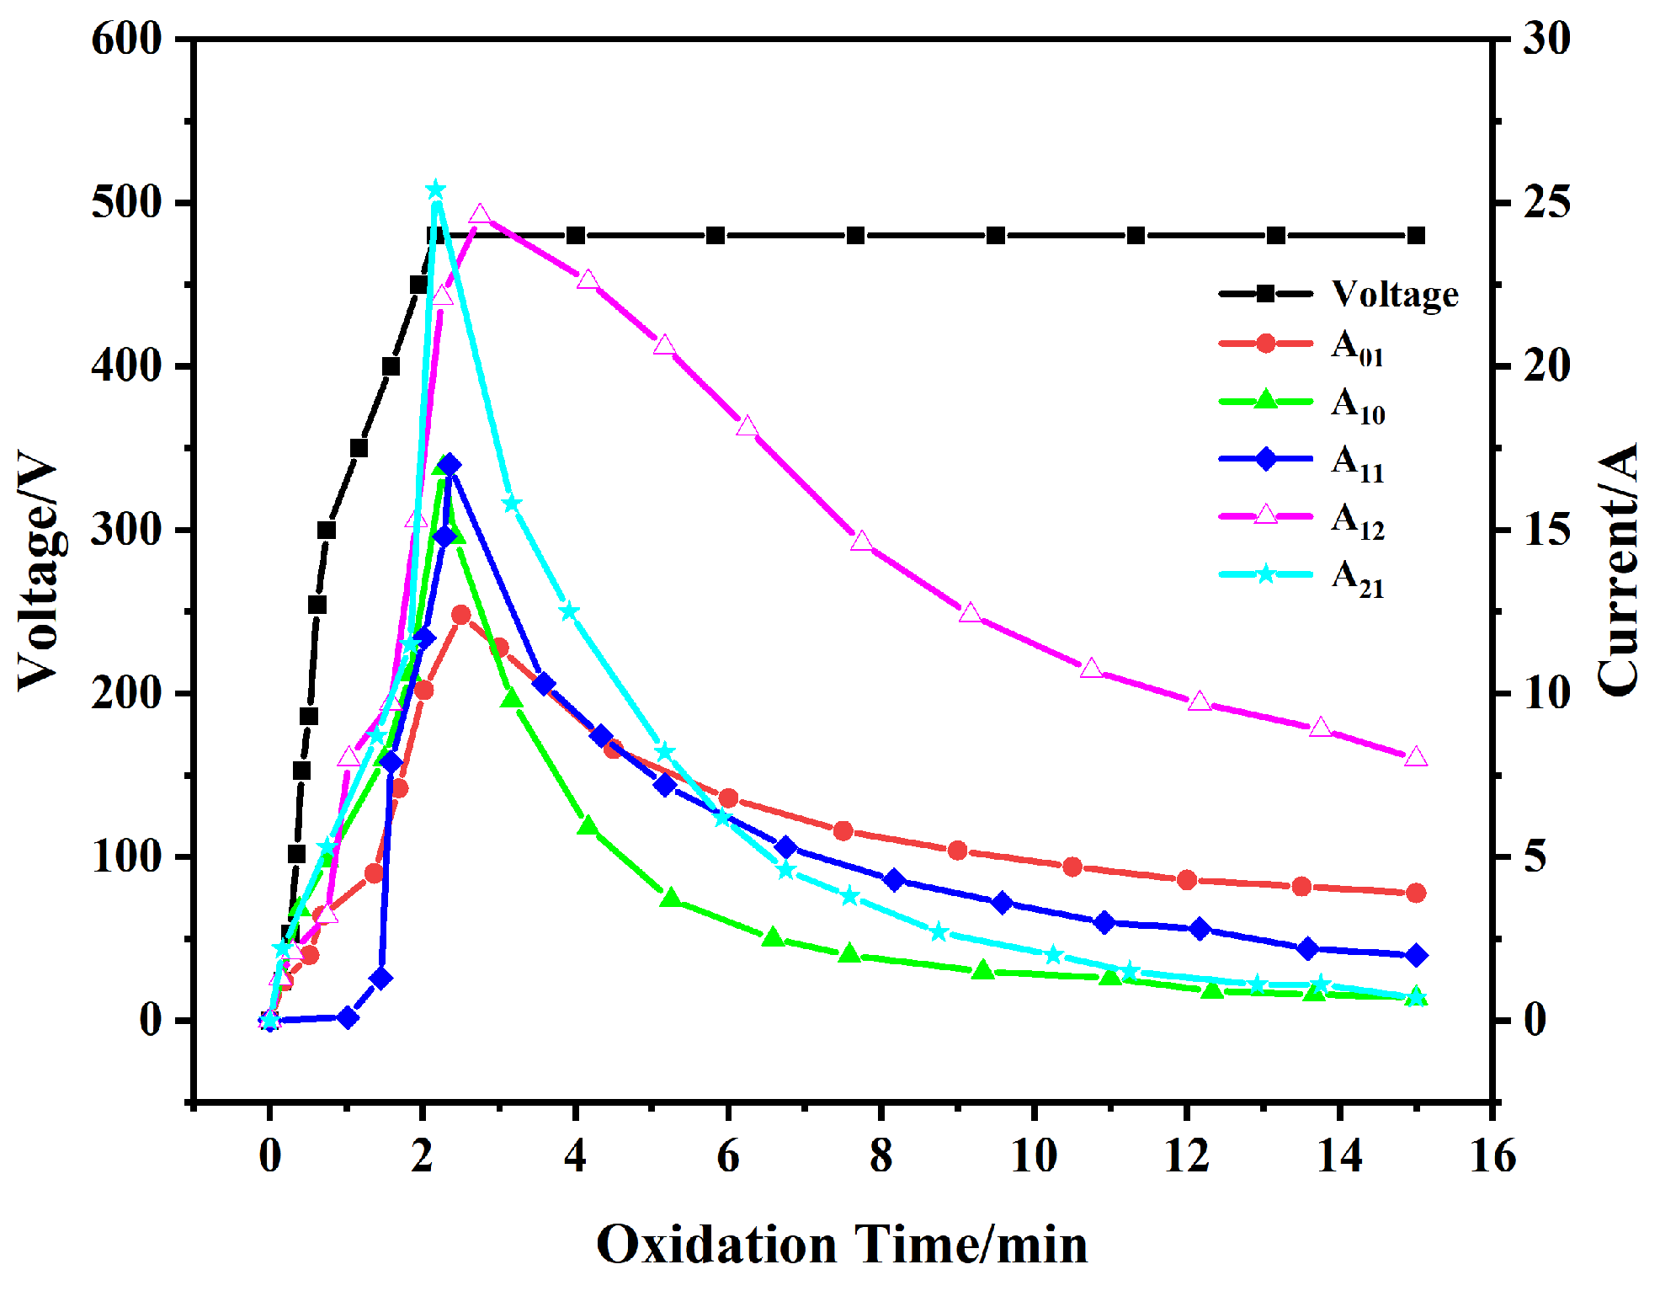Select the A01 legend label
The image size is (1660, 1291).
coord(1357,347)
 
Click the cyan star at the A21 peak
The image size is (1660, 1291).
coord(435,189)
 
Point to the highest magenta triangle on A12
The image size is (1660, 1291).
coord(480,215)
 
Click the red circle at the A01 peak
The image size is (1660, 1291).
coord(460,615)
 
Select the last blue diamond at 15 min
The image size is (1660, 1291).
coord(1416,955)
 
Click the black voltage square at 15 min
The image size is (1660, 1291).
coord(1416,235)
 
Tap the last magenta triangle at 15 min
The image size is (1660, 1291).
coord(1416,757)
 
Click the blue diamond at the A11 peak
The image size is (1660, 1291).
coord(450,465)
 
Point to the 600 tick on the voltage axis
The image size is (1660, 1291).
coord(126,39)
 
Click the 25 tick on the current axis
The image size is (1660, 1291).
coord(1546,203)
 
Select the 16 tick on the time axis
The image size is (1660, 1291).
coord(1492,1155)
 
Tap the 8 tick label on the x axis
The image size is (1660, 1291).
coord(881,1155)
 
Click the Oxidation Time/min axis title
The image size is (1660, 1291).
coord(842,1245)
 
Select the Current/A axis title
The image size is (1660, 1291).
coord(1618,571)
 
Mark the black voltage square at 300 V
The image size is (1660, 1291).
coord(327,530)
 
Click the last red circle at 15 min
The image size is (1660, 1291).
coord(1416,893)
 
